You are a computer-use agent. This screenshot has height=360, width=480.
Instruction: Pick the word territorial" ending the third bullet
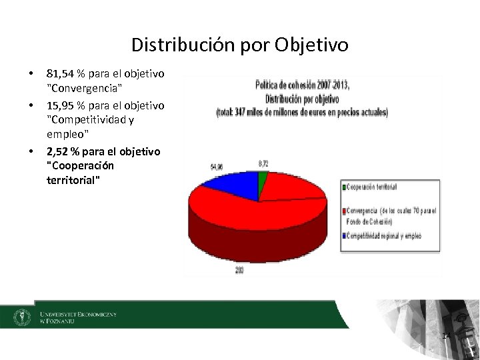(75, 180)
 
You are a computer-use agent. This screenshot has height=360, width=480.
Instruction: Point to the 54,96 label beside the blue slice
(217, 166)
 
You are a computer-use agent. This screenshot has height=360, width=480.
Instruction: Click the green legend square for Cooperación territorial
(345, 187)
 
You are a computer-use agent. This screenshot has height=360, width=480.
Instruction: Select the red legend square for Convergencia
(345, 211)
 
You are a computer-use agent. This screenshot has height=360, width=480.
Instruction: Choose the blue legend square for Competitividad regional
(345, 235)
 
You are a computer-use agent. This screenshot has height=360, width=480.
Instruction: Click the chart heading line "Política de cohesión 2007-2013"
(302, 85)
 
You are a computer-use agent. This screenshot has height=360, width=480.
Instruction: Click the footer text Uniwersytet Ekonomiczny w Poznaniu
(77, 317)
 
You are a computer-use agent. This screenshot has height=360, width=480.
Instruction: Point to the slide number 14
(447, 335)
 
